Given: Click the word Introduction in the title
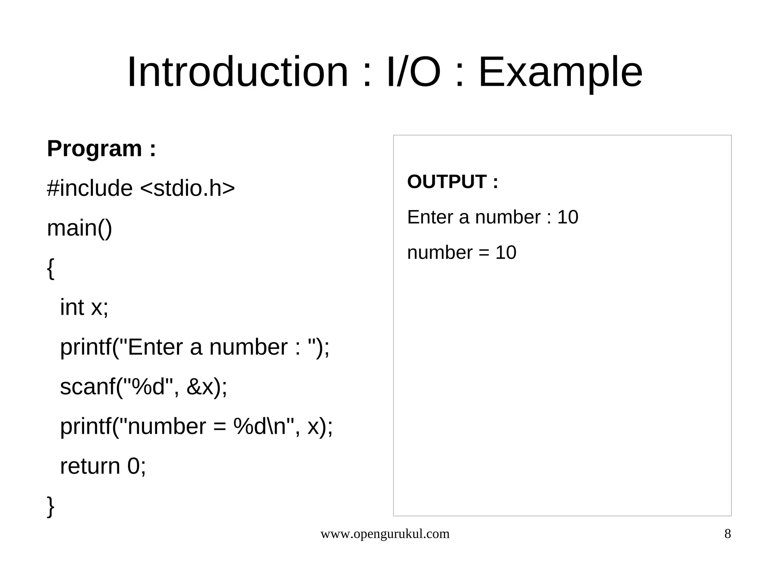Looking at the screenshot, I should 238,72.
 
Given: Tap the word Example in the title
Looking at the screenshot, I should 560,72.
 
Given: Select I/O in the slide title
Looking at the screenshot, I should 413,72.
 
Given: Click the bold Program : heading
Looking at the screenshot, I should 101,149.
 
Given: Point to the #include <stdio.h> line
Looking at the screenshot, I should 141,188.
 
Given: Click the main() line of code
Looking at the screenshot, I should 79,228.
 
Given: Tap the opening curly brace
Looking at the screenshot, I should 50,268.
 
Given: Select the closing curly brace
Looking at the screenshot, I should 50,506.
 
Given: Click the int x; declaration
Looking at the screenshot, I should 84,307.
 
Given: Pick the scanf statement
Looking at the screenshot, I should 144,387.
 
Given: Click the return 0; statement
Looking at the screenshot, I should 103,466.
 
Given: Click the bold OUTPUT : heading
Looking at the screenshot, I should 453,182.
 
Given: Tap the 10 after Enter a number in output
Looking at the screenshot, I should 567,217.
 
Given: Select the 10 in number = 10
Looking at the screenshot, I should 506,253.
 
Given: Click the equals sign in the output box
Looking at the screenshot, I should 484,253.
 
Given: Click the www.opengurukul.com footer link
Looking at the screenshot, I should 385,534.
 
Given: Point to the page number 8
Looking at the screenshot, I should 728,534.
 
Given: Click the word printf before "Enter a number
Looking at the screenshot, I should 85,347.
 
